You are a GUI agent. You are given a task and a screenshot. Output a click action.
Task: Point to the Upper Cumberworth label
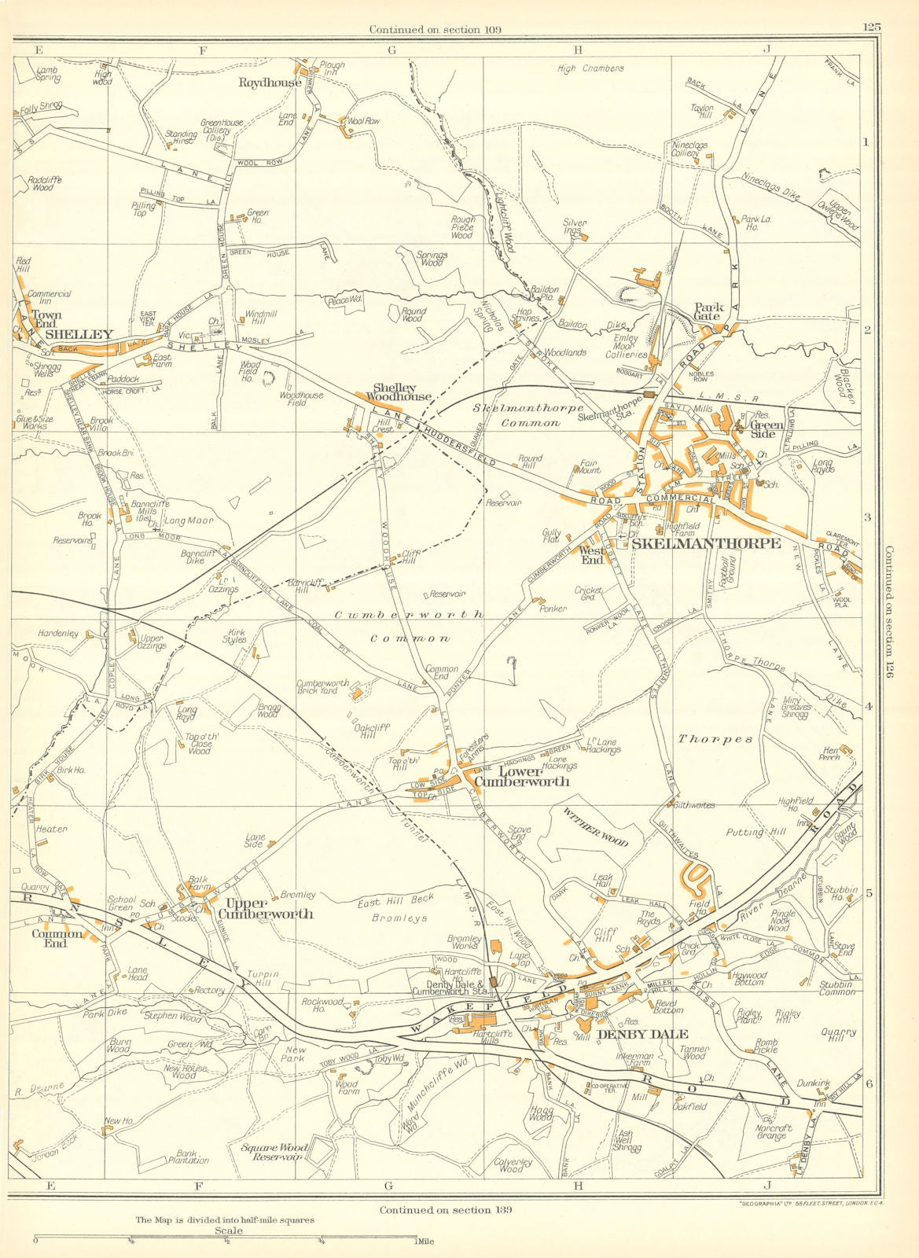[265, 908]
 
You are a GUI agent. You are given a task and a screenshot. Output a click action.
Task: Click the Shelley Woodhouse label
[402, 392]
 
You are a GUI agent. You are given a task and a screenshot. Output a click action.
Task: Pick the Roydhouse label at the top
[270, 82]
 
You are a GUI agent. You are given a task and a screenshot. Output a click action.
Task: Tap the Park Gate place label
[707, 311]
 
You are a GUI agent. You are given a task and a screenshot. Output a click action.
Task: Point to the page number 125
[870, 26]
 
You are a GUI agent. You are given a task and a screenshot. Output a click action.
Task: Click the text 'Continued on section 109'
[436, 30]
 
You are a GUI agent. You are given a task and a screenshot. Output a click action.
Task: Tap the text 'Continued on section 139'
[445, 1209]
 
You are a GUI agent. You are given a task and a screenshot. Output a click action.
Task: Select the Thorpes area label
[715, 739]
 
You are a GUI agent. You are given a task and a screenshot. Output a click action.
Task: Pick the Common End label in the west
[57, 940]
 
